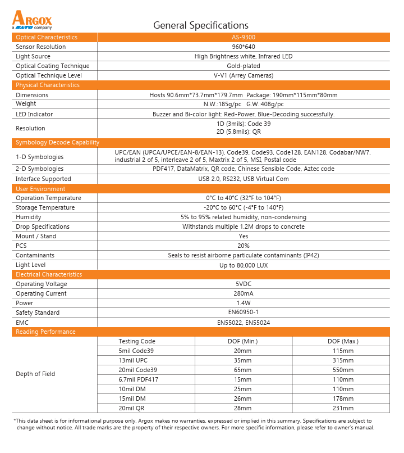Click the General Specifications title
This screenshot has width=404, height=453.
(201, 25)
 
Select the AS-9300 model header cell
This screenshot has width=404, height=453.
(244, 37)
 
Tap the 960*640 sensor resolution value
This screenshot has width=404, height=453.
(244, 47)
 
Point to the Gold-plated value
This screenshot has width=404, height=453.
(244, 66)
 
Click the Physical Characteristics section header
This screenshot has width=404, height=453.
(48, 85)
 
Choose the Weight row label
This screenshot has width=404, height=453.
(26, 104)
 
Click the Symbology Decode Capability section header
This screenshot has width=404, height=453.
(57, 143)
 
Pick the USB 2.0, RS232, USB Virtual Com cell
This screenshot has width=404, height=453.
(244, 179)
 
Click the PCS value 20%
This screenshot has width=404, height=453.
(244, 246)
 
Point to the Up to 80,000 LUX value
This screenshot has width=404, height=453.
(244, 265)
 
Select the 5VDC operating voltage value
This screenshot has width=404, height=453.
(244, 284)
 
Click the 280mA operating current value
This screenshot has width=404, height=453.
(244, 293)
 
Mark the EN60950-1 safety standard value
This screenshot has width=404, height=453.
(244, 312)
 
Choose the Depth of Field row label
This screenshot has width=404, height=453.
(35, 374)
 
